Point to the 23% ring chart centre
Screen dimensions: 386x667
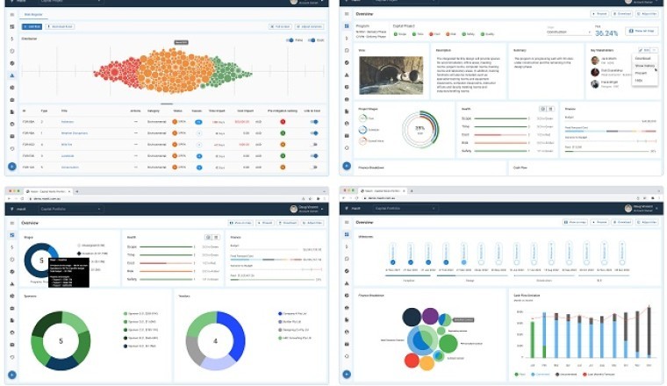420,129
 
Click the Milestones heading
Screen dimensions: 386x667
367,237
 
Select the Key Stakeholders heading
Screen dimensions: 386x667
604,51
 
